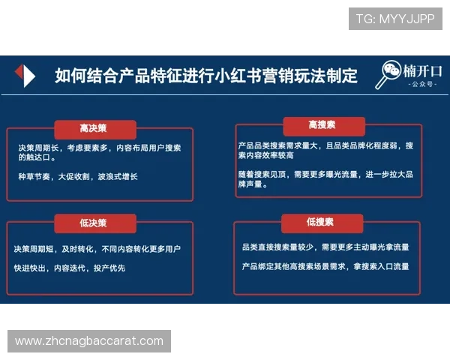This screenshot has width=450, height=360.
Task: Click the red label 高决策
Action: [94, 128]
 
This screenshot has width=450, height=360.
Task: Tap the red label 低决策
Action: [94, 223]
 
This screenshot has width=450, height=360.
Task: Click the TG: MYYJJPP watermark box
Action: [395, 18]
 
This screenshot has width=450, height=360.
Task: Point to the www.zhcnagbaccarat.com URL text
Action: [89, 341]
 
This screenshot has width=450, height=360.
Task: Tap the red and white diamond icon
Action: [25, 76]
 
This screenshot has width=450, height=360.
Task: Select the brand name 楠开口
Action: [422, 72]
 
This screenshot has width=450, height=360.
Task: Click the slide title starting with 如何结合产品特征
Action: [206, 76]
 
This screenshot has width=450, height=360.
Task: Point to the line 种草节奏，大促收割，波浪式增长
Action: [78, 177]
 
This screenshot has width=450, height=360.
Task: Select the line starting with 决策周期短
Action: [97, 249]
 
